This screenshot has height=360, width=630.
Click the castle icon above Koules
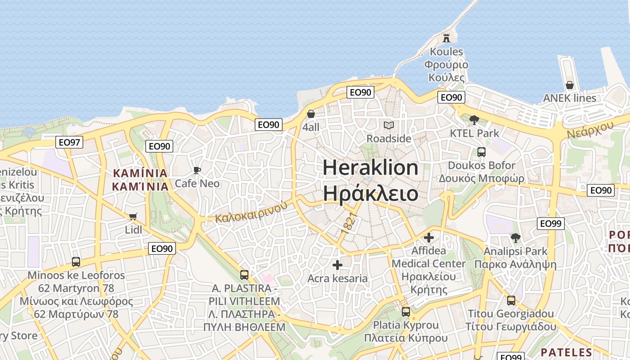(x=446, y=38)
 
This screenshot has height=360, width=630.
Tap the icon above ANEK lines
(x=569, y=85)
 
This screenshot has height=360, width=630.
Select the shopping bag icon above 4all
(x=310, y=114)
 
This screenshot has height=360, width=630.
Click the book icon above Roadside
(x=388, y=125)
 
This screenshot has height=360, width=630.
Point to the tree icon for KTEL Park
(x=474, y=120)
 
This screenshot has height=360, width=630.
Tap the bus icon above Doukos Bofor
(x=481, y=152)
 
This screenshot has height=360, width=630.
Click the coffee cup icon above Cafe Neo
(x=197, y=170)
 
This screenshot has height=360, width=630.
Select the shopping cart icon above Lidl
(x=133, y=216)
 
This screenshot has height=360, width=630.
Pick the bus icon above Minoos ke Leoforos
(x=76, y=262)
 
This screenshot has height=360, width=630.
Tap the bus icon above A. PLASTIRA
(x=244, y=274)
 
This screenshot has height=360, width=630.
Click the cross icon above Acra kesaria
(x=337, y=265)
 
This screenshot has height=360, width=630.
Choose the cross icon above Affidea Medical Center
(x=429, y=237)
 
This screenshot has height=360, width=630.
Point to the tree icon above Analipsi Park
(x=515, y=238)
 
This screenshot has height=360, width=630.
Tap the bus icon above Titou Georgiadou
(x=511, y=301)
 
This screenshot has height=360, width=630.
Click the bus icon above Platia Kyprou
(x=405, y=311)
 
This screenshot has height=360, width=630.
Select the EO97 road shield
(x=70, y=143)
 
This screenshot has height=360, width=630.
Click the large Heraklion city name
(x=370, y=168)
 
